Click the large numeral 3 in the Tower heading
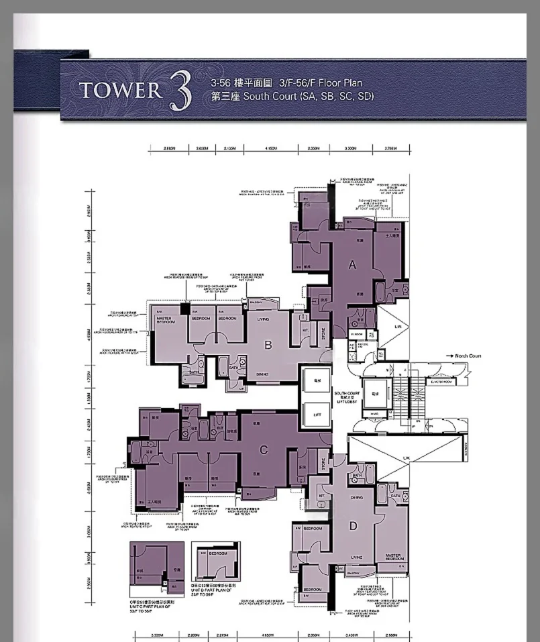pos(178,93)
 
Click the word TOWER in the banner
pos(121,91)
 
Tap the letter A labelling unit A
pos(352,265)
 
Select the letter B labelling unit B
pos(268,346)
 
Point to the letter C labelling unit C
pos(264,450)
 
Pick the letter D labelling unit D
pos(353,527)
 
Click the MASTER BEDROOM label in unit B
pos(166,320)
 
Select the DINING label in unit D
pos(356,497)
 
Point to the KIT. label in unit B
pos(305,330)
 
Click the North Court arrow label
pos(463,356)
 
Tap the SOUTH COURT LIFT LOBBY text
pos(347,396)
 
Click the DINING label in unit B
pos(262,374)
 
